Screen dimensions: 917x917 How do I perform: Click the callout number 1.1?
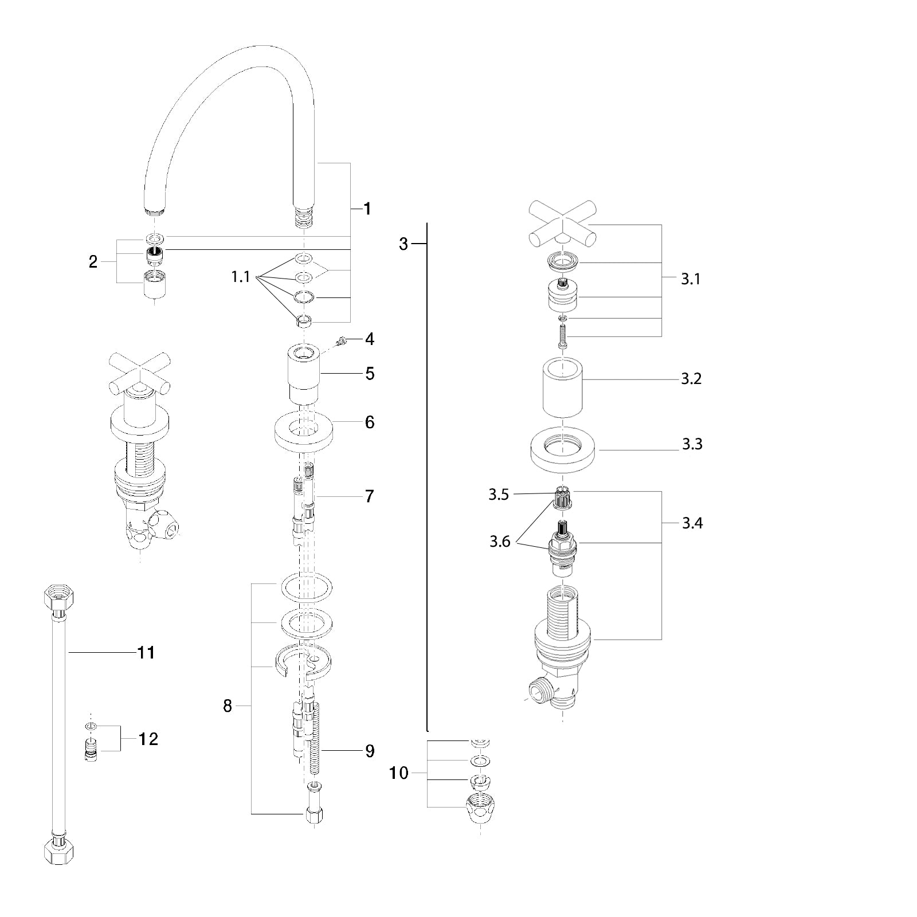[241, 277]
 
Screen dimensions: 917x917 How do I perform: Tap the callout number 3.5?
[499, 495]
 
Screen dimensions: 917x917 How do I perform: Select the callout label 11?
[146, 652]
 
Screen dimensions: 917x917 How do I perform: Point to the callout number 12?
[148, 739]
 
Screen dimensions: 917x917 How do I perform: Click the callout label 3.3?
[692, 444]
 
